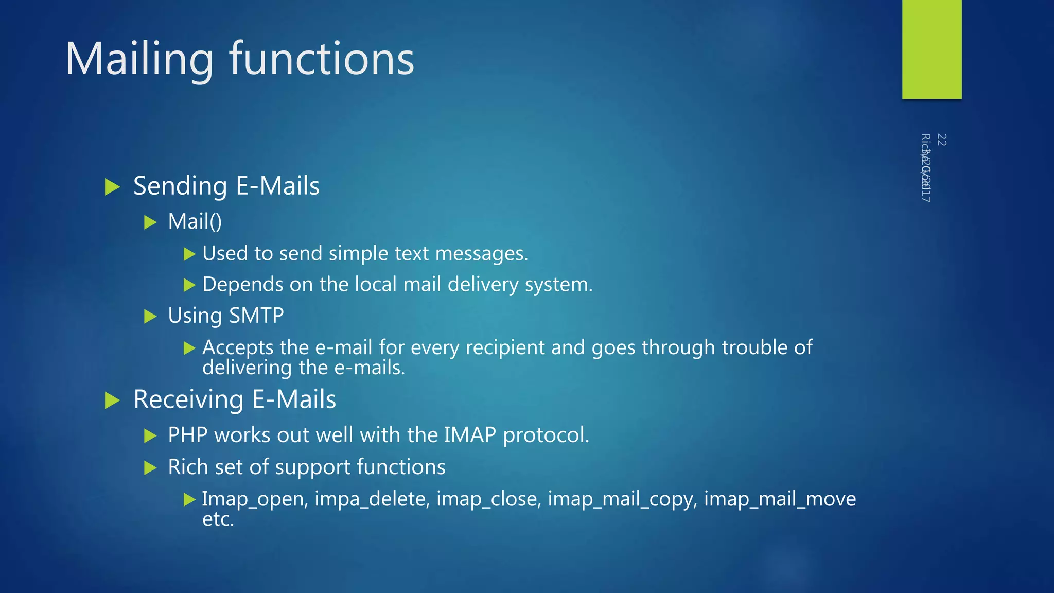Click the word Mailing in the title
tap(139, 59)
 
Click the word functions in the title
tap(322, 59)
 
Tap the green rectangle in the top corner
tap(932, 49)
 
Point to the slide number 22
tap(941, 139)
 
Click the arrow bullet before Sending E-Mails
tap(112, 186)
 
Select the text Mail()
tap(195, 222)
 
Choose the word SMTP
tap(256, 316)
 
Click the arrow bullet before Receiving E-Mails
tap(112, 400)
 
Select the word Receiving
tap(188, 400)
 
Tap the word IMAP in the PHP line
tap(469, 435)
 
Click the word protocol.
tap(546, 435)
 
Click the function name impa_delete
tap(372, 499)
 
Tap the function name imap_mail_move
tap(780, 499)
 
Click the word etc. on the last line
tap(218, 519)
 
